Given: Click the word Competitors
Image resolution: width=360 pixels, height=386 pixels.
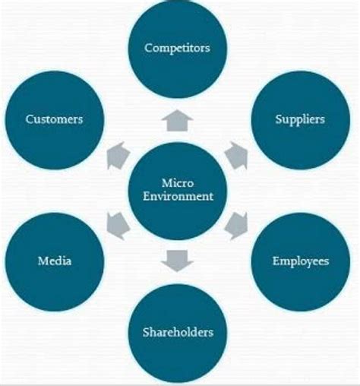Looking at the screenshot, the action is pyautogui.click(x=177, y=48).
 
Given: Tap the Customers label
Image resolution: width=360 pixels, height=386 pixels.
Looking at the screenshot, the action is pyautogui.click(x=54, y=119).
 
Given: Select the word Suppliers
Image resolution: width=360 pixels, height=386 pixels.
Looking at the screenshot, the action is pyautogui.click(x=300, y=119).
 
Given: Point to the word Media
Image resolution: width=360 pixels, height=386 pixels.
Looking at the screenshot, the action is pyautogui.click(x=55, y=261).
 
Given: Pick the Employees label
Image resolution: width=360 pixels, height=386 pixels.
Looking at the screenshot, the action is pyautogui.click(x=301, y=261).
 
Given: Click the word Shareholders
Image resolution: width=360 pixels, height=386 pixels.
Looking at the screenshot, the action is pyautogui.click(x=178, y=332).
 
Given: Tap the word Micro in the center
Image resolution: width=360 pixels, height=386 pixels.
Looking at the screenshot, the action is pyautogui.click(x=178, y=183).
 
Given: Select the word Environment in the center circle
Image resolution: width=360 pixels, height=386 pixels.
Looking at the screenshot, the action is pyautogui.click(x=178, y=196).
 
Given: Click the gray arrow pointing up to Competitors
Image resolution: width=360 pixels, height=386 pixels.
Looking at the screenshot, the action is pyautogui.click(x=178, y=121).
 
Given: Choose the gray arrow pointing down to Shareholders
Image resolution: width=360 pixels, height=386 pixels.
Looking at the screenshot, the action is pyautogui.click(x=178, y=261).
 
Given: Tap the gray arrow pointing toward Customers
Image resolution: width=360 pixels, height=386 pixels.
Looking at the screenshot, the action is pyautogui.click(x=118, y=156).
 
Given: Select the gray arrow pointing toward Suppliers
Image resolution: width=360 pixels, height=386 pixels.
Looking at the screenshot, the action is pyautogui.click(x=237, y=156).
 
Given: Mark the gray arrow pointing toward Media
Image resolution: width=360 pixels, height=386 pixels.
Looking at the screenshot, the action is pyautogui.click(x=118, y=226).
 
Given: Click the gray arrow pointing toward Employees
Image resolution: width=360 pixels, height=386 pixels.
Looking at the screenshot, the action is pyautogui.click(x=236, y=226).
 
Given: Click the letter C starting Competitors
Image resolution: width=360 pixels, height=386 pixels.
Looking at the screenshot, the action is pyautogui.click(x=148, y=48).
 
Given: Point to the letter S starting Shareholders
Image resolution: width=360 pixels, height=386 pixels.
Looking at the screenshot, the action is pyautogui.click(x=146, y=332).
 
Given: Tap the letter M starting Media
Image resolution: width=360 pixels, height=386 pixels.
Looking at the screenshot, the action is pyautogui.click(x=43, y=261).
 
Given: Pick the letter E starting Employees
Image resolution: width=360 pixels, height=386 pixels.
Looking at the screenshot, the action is pyautogui.click(x=276, y=261).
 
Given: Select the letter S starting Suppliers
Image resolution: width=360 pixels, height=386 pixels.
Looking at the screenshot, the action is pyautogui.click(x=279, y=119).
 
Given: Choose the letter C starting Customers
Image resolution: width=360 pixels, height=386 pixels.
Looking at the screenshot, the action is pyautogui.click(x=30, y=119).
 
